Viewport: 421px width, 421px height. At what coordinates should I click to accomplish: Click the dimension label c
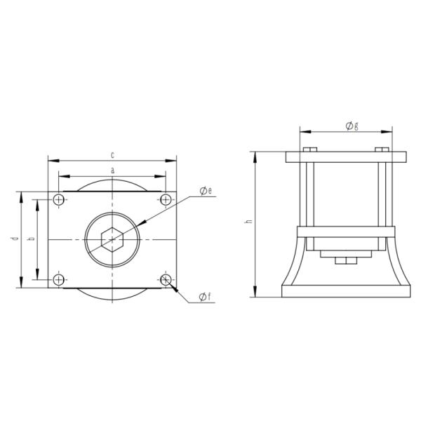click(x=112, y=154)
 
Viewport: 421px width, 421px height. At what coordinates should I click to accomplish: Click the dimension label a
click(x=112, y=171)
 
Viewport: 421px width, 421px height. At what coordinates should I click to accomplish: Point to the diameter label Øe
click(x=206, y=192)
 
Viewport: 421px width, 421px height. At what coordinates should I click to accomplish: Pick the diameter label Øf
click(x=203, y=297)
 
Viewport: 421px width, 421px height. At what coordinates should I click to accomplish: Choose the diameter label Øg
click(x=352, y=126)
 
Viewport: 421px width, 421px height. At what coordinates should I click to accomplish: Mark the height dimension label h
click(x=247, y=222)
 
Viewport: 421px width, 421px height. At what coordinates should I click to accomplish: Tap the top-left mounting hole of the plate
click(x=59, y=201)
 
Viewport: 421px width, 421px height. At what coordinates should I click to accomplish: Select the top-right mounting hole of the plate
click(x=166, y=201)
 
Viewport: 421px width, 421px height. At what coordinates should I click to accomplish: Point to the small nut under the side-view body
click(x=345, y=262)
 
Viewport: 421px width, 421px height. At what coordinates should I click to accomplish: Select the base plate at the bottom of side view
click(x=345, y=290)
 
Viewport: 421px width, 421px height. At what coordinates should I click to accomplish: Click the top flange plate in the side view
click(x=345, y=157)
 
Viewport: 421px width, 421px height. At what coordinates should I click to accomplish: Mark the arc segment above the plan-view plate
click(x=112, y=184)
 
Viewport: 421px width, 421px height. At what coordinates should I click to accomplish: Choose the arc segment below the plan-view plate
click(x=112, y=295)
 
